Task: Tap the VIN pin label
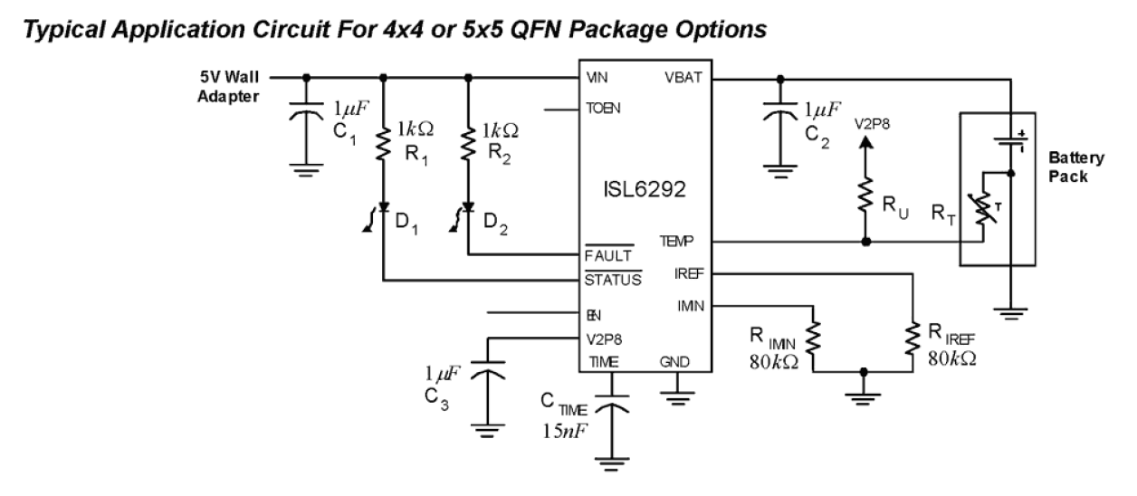[x=597, y=78]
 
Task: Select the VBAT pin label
[x=683, y=78]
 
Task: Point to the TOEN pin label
[x=604, y=109]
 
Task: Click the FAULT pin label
[x=607, y=256]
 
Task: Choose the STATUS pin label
[x=612, y=279]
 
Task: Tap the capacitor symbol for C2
[x=780, y=114]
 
